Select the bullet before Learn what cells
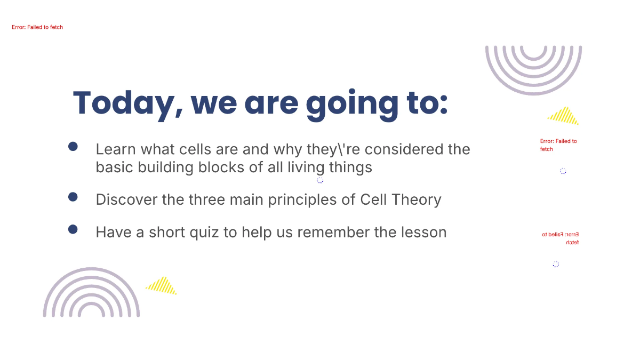click(73, 147)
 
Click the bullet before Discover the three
click(73, 197)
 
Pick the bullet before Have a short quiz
click(73, 229)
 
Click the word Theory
click(415, 199)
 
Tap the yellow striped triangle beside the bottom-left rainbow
click(162, 286)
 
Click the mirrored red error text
click(560, 238)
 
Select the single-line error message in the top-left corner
click(37, 27)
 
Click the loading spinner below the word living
click(320, 180)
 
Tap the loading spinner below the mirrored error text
click(556, 264)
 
